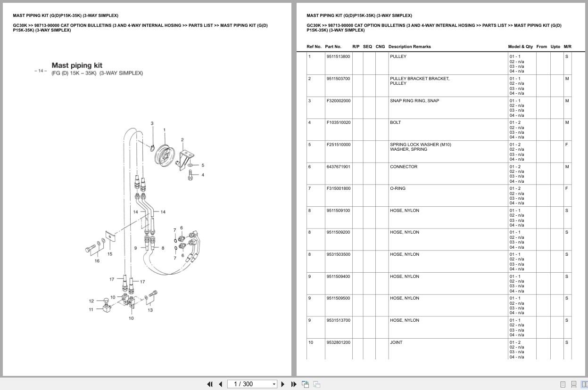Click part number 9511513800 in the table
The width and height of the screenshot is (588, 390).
[x=338, y=57]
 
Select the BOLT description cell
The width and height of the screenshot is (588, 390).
[x=395, y=122]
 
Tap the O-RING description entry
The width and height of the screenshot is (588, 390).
[x=398, y=188]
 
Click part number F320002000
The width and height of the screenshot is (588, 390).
[x=338, y=101]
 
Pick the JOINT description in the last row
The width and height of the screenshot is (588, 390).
[x=396, y=342]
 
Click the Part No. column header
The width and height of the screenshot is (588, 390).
[x=333, y=47]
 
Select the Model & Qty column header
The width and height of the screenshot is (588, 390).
[x=520, y=47]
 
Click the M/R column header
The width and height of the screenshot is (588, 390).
[x=567, y=47]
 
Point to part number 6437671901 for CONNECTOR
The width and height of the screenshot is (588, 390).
[x=338, y=167]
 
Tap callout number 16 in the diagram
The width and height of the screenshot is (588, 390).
[x=97, y=260]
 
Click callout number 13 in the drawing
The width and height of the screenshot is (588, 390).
[x=150, y=310]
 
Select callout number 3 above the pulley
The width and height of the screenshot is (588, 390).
[x=152, y=123]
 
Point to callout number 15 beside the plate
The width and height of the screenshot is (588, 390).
[x=109, y=254]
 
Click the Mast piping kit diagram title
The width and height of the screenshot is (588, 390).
[x=77, y=65]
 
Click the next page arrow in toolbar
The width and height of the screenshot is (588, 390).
[x=283, y=384]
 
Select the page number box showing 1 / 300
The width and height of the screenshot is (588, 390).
[x=252, y=384]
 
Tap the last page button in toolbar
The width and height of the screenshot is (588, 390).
[x=294, y=384]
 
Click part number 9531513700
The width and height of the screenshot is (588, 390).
[x=338, y=320]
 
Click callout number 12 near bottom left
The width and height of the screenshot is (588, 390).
[x=91, y=301]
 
